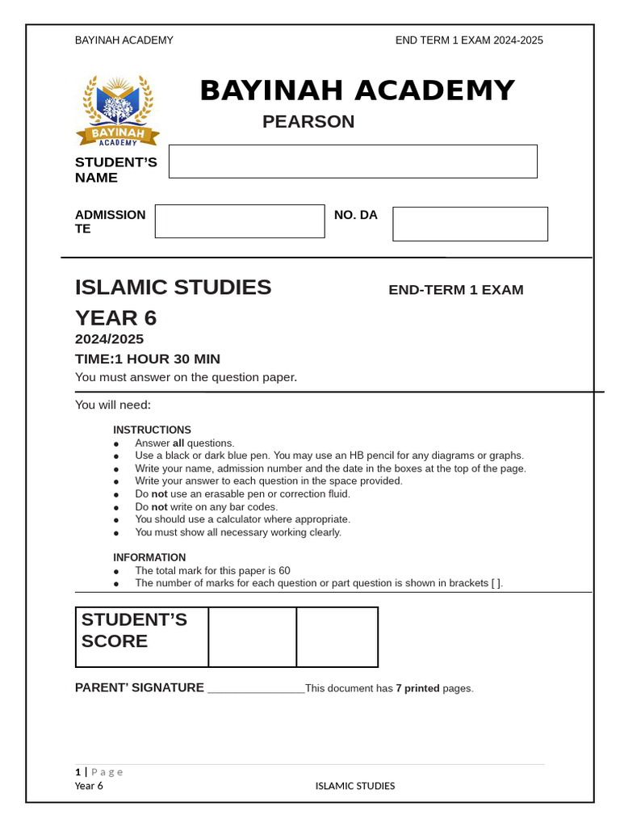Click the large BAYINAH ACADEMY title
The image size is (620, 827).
click(x=357, y=91)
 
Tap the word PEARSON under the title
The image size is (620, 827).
click(x=308, y=122)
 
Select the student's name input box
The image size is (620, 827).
click(x=353, y=162)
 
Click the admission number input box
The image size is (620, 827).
click(x=240, y=221)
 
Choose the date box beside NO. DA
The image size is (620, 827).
click(x=470, y=224)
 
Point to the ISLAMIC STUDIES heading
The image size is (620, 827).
click(x=173, y=288)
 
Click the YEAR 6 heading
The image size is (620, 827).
click(x=115, y=318)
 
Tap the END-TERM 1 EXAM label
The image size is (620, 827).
click(x=455, y=290)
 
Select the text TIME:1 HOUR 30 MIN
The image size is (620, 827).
click(x=147, y=359)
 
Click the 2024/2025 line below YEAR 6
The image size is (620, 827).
click(x=109, y=339)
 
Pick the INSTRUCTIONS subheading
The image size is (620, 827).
click(x=152, y=430)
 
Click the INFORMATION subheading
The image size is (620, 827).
click(x=149, y=557)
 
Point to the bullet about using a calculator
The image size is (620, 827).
click(x=242, y=519)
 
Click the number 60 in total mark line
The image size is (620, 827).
click(x=283, y=570)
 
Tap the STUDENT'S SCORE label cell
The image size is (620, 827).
click(x=142, y=637)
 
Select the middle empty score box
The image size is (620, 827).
click(x=252, y=637)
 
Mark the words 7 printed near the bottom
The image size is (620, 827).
click(x=417, y=689)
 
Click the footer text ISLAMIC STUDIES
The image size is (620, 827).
click(x=354, y=786)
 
